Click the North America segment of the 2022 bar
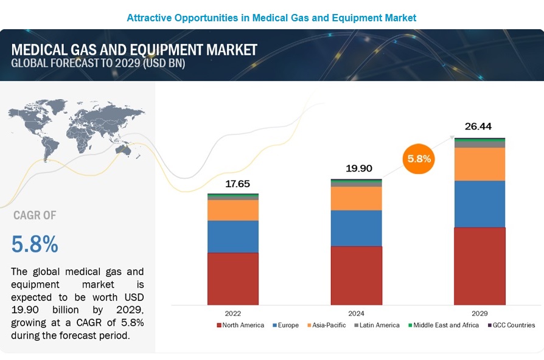point(232,278)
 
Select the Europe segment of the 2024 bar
point(356,228)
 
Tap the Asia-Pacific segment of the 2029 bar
point(479,164)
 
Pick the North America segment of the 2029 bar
point(479,266)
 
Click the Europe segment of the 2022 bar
point(232,236)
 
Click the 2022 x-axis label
point(232,313)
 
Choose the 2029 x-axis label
point(479,313)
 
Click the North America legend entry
point(240,325)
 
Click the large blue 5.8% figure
point(35,244)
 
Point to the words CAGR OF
point(34,215)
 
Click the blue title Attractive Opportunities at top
point(271,18)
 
